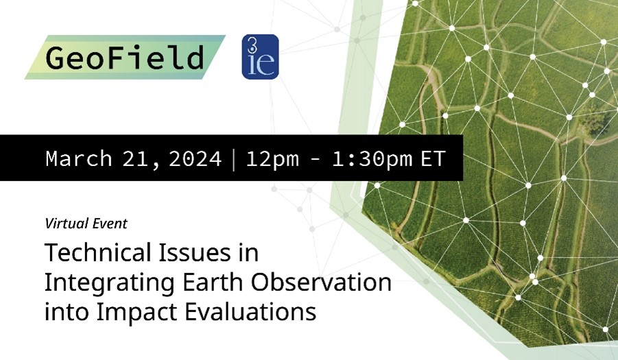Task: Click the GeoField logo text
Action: pyautogui.click(x=125, y=58)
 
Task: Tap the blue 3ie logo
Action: pyautogui.click(x=260, y=57)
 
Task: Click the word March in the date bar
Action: pyautogui.click(x=79, y=158)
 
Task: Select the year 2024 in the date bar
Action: pyautogui.click(x=195, y=158)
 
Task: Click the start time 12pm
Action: pyautogui.click(x=272, y=158)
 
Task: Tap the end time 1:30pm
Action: pyautogui.click(x=372, y=158)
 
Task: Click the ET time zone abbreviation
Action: pyautogui.click(x=433, y=158)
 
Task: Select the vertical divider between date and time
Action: pyautogui.click(x=234, y=158)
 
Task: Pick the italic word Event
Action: pyautogui.click(x=110, y=224)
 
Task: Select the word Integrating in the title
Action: pyautogui.click(x=110, y=283)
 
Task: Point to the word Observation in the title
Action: pyautogui.click(x=321, y=282)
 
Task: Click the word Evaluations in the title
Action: pyautogui.click(x=250, y=311)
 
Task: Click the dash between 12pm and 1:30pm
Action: pyautogui.click(x=316, y=160)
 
